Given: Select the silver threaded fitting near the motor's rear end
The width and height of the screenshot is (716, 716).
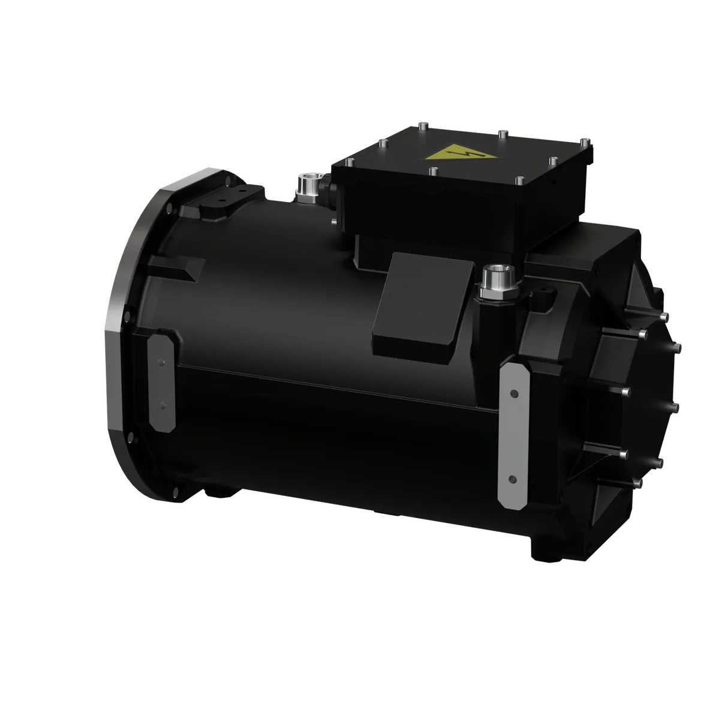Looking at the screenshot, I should click(x=500, y=281).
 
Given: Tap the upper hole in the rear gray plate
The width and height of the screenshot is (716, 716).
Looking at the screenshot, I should click(x=513, y=394).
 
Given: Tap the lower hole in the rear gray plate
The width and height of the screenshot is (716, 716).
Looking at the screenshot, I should click(x=512, y=480).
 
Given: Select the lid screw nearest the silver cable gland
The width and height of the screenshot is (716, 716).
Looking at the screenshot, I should click(x=350, y=161).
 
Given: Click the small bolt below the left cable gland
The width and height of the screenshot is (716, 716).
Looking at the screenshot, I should click(x=333, y=222).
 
